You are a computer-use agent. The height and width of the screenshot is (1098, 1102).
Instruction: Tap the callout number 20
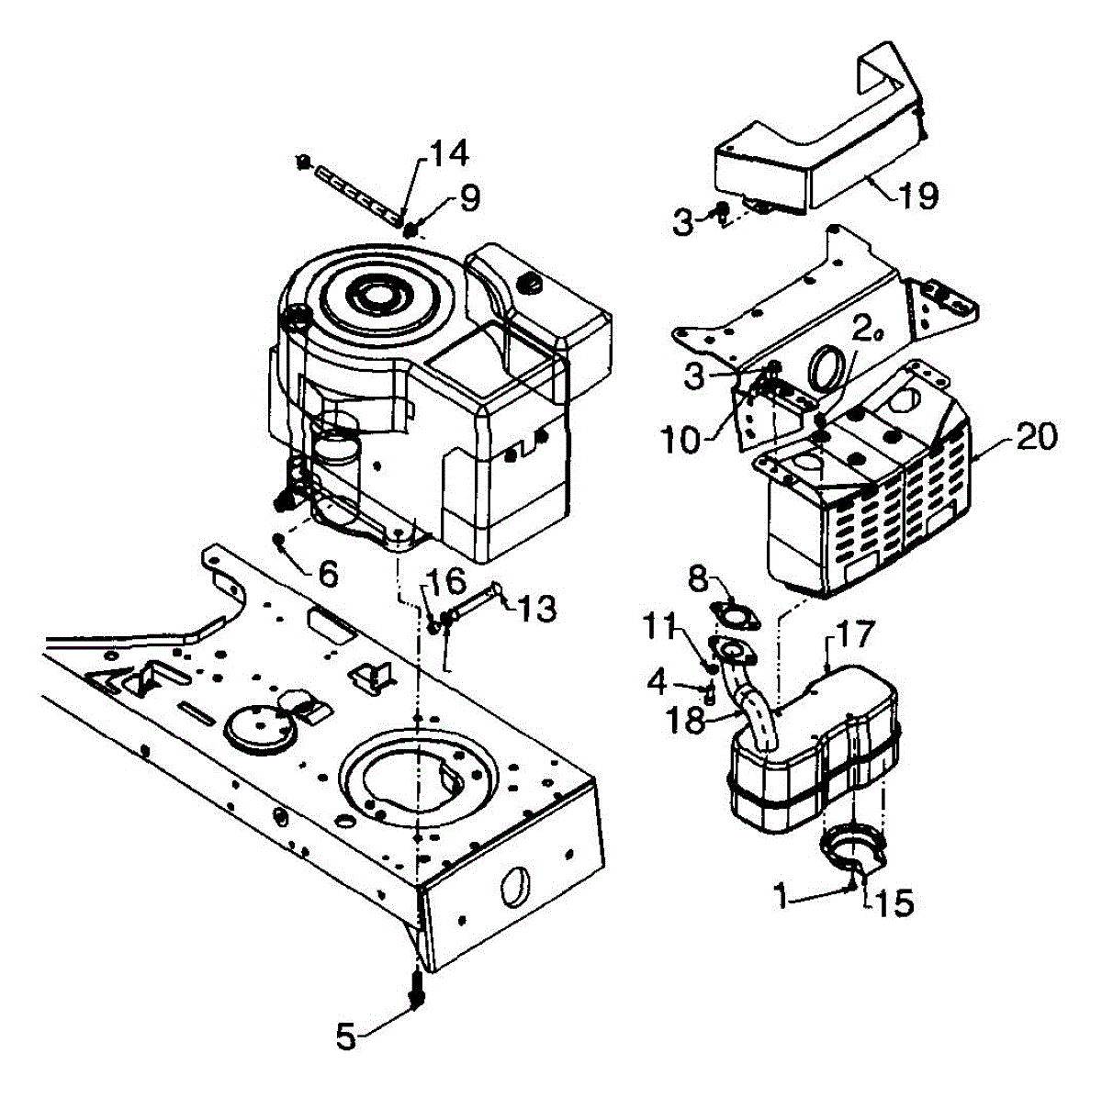[1036, 437]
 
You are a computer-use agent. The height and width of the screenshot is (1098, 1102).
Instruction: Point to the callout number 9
[468, 199]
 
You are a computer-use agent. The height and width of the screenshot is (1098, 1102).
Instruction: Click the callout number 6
[327, 575]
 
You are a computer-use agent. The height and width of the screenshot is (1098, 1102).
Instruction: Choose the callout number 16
[443, 581]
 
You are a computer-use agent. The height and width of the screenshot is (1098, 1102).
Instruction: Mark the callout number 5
[345, 1037]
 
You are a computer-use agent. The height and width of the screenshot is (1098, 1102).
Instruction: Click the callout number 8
[698, 578]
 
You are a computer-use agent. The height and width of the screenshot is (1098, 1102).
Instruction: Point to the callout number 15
[894, 903]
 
